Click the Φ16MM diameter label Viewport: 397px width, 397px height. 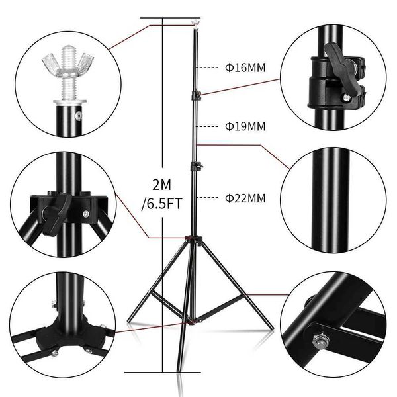pos(245,67)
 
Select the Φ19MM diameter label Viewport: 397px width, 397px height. pos(245,125)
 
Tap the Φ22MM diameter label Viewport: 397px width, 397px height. pos(245,197)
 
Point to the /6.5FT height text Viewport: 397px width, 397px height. pos(161,204)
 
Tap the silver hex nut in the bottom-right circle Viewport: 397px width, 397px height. pos(319,342)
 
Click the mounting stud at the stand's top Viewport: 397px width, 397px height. pos(195,25)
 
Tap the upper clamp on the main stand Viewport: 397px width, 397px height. pos(196,97)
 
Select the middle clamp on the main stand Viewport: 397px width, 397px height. pos(195,166)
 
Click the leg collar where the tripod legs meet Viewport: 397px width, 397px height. pos(193,238)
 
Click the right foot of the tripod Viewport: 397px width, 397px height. pos(270,326)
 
